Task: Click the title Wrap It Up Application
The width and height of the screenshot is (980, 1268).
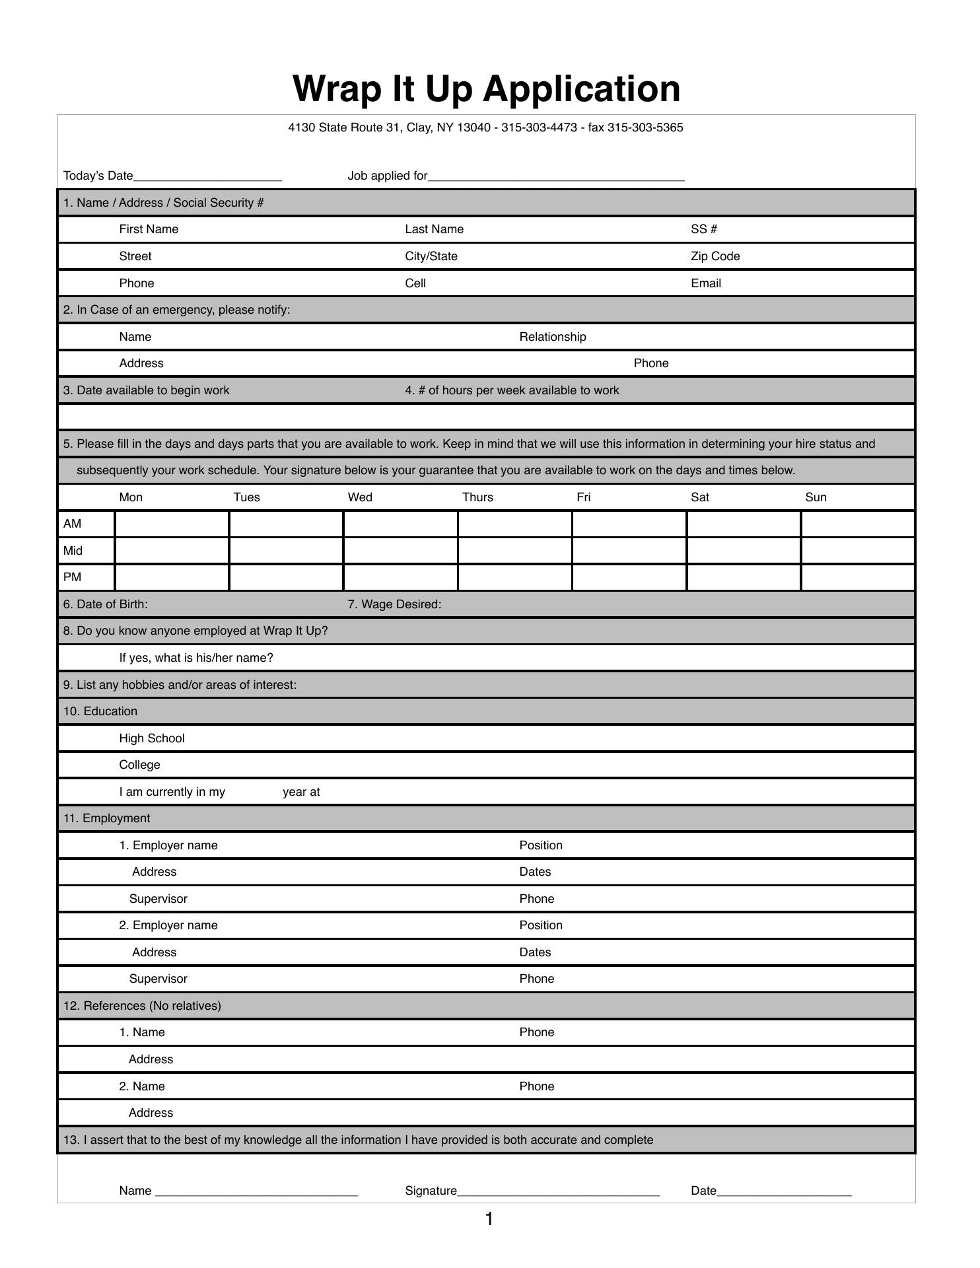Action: point(486,88)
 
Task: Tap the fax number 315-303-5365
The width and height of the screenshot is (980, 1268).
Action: point(645,127)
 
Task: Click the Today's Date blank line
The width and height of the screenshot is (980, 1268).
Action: point(207,177)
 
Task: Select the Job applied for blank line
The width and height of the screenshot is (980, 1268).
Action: point(556,177)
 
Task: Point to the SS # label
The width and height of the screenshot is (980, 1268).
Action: point(704,229)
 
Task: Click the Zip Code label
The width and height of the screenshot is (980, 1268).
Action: point(715,256)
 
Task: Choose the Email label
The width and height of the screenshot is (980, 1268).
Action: point(706,283)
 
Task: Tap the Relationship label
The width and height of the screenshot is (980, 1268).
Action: point(553,337)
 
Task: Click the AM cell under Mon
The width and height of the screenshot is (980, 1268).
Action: point(172,524)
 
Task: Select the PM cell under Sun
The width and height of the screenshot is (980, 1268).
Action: point(858,577)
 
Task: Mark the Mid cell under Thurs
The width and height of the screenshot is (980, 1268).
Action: point(514,551)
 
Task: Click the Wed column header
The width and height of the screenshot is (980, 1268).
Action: point(360,497)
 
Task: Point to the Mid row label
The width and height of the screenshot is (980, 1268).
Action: point(73,551)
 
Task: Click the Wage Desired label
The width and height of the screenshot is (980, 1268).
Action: point(394,604)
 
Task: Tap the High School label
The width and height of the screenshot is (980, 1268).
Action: point(152,738)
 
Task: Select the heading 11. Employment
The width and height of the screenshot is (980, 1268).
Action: point(106,818)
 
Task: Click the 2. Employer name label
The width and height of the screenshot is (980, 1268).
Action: point(168,925)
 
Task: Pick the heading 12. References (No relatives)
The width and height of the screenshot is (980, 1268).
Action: point(142,1006)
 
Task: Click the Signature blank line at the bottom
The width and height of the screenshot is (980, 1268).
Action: point(558,1191)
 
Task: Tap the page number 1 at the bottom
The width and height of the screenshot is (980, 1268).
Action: point(489,1219)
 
